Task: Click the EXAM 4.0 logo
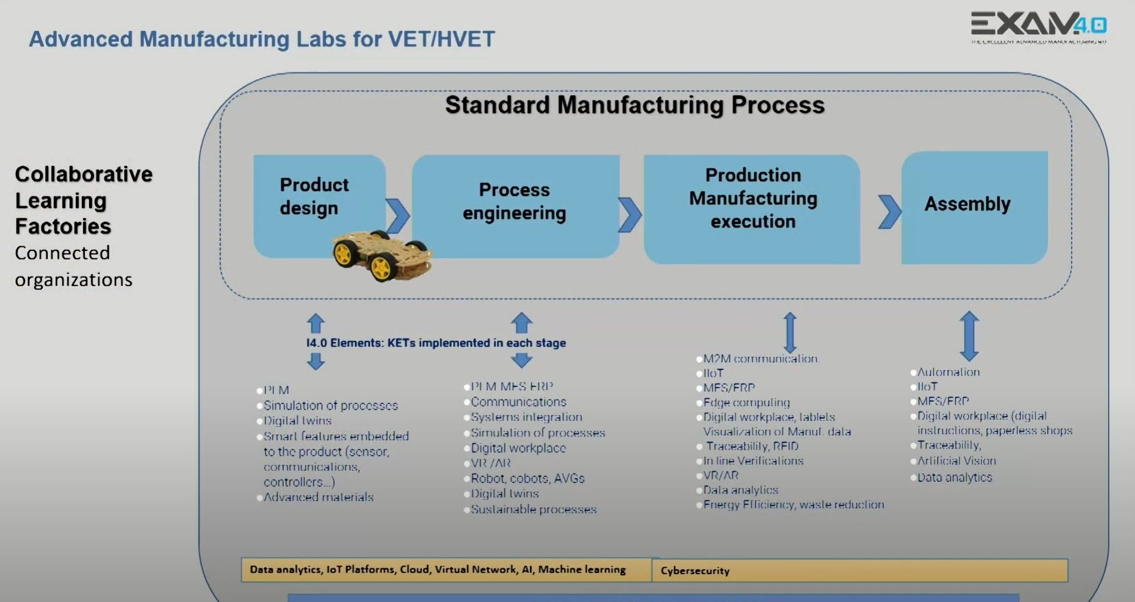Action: tap(1038, 27)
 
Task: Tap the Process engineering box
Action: tap(514, 201)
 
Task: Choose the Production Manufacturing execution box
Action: tap(752, 198)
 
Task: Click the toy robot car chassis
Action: tap(381, 255)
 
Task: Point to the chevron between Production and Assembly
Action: tap(889, 212)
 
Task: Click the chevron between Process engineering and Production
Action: tap(629, 214)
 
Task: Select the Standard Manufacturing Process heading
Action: tap(634, 105)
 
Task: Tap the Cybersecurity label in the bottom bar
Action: tap(695, 571)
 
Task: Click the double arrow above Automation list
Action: tap(969, 335)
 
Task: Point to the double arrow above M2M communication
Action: tap(790, 332)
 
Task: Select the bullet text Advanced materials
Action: tap(318, 497)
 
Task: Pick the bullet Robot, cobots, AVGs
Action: tap(527, 478)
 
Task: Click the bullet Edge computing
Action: tap(746, 403)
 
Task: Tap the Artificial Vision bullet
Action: tap(956, 461)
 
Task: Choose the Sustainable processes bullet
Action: tap(533, 510)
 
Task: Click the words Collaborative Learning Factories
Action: tap(83, 200)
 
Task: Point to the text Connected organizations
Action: tap(73, 266)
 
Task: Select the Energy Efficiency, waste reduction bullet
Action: tap(793, 505)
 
